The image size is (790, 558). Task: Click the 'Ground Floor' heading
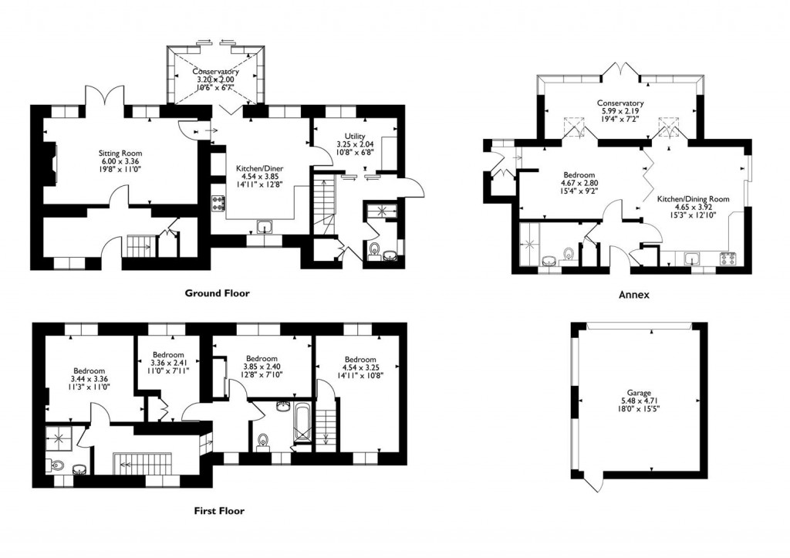(x=217, y=293)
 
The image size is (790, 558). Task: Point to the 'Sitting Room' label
(x=120, y=153)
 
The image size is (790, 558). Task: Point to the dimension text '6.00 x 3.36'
(x=120, y=161)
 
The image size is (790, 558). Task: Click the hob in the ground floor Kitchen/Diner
(x=218, y=204)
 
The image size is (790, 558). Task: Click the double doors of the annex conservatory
(x=621, y=69)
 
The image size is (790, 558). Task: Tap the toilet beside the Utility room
(x=375, y=249)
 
